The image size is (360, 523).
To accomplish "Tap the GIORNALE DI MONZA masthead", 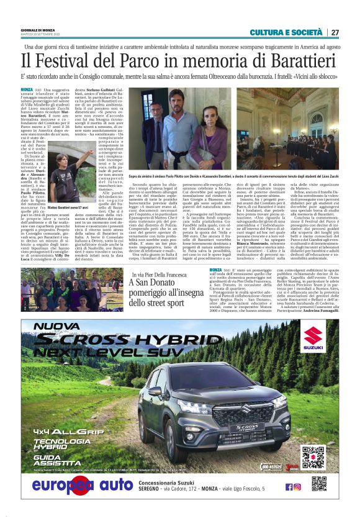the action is tap(40, 30).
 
